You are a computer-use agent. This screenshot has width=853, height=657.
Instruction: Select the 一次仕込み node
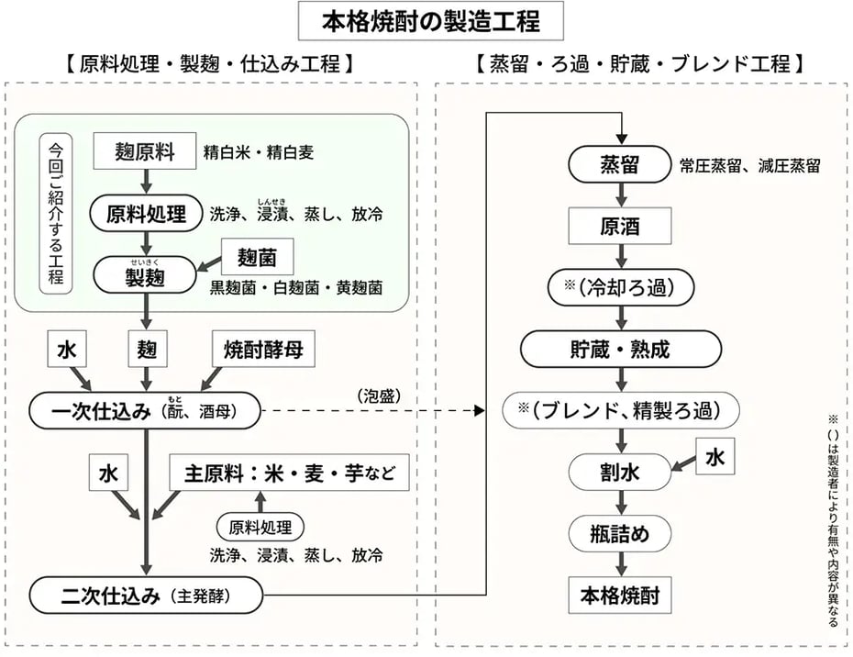[145, 411]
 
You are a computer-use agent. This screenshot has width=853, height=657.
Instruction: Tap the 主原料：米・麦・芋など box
[290, 473]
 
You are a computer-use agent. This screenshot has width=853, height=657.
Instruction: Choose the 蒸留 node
[622, 165]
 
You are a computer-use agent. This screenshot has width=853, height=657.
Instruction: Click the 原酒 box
[621, 227]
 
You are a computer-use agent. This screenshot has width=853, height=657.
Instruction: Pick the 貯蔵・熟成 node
[621, 350]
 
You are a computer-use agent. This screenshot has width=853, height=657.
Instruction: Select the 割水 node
[621, 473]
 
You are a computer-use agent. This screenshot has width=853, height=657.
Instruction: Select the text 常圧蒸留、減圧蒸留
[749, 166]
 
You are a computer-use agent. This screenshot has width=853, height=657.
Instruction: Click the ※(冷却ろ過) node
[622, 287]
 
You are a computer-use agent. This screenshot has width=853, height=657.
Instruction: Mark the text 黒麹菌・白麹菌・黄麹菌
[296, 287]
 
